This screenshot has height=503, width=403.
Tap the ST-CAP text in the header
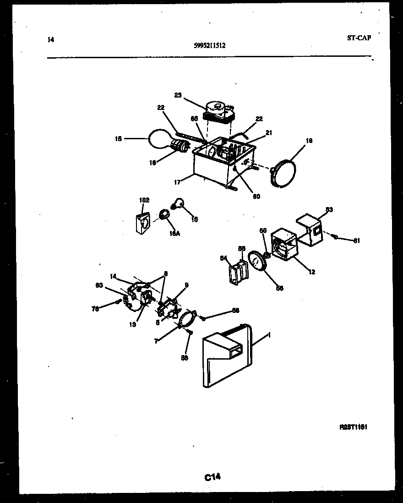[359, 38]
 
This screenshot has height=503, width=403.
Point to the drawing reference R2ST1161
[354, 427]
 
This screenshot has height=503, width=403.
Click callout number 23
[178, 95]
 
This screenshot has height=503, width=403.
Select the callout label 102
[144, 200]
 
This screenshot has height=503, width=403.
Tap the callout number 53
[329, 210]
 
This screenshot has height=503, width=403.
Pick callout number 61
[357, 241]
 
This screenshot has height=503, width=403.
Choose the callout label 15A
[174, 233]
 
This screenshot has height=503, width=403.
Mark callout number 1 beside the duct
[269, 335]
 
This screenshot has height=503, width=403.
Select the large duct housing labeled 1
[227, 355]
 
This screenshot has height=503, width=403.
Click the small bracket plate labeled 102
[143, 223]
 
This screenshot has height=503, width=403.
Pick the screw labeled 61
[336, 236]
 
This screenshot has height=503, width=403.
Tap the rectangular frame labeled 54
[236, 273]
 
